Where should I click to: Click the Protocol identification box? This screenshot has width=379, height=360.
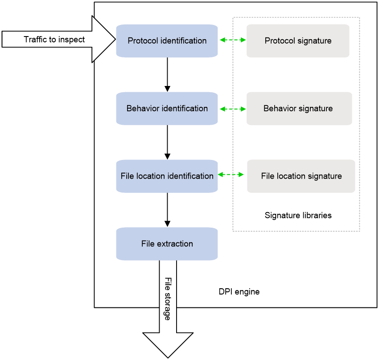[167, 41]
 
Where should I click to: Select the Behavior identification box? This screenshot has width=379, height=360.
[167, 108]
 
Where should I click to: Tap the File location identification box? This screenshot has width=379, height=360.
[167, 176]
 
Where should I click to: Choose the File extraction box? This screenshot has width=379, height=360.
[167, 244]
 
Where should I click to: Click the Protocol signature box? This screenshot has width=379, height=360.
[298, 41]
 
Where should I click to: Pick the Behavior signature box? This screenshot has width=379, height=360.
[299, 108]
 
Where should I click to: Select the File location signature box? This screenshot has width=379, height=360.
[301, 176]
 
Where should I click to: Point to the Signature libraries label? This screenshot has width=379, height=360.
[298, 215]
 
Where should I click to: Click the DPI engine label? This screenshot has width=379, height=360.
[239, 292]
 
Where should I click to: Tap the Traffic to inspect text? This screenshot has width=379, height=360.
[54, 39]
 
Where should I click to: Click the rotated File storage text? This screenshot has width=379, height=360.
[168, 299]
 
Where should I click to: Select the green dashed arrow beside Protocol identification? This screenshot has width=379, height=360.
[233, 40]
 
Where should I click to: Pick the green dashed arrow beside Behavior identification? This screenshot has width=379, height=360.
[233, 109]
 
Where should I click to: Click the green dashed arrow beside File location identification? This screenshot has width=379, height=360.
[231, 174]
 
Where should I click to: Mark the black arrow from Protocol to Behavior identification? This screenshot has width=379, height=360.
[167, 74]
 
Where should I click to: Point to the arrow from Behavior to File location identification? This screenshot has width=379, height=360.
[167, 142]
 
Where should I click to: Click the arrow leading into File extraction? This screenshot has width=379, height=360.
[167, 210]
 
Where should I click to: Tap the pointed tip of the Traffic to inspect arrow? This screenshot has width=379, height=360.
[115, 39]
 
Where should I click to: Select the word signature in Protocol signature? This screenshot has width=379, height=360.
[314, 41]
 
